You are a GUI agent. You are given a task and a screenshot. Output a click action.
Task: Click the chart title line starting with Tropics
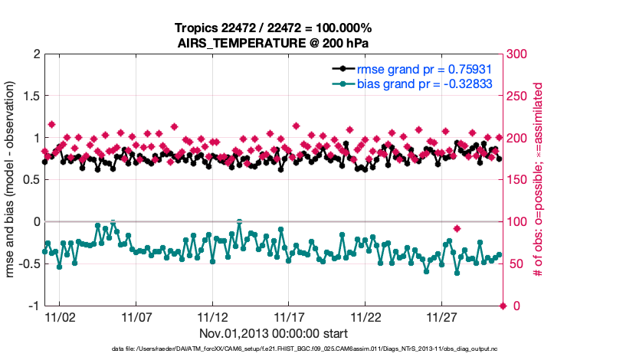[x=274, y=28]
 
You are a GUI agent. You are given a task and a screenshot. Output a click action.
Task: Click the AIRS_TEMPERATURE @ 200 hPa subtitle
[x=274, y=43]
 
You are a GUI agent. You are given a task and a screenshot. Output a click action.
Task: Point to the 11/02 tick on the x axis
[x=59, y=316]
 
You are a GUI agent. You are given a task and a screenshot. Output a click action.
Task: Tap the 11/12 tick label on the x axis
[x=212, y=316]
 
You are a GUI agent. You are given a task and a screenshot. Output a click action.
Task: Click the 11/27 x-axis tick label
[x=442, y=316]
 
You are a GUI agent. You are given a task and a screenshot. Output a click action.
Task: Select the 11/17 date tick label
[x=289, y=316]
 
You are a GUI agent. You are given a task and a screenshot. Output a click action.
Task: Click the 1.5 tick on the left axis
[x=30, y=97]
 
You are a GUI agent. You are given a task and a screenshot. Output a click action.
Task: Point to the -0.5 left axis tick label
[x=28, y=264]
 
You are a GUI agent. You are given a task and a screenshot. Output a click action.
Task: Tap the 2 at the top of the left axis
[x=36, y=54]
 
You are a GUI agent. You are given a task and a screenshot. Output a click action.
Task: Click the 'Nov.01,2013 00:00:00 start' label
[x=274, y=333]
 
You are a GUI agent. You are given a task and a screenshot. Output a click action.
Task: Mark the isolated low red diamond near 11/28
[x=457, y=228]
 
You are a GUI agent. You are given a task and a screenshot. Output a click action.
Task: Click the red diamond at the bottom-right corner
[x=503, y=306]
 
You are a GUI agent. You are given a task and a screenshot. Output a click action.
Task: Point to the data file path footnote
[x=274, y=349]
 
